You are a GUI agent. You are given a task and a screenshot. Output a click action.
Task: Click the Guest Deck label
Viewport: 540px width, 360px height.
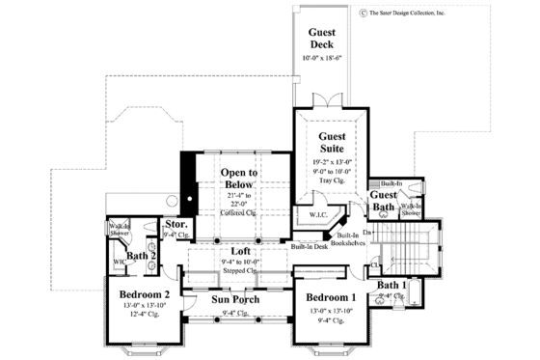click(x=321, y=39)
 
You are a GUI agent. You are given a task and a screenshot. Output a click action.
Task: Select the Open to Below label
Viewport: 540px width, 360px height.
click(x=238, y=180)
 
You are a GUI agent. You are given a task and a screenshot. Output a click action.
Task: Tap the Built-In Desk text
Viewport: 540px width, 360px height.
click(x=308, y=247)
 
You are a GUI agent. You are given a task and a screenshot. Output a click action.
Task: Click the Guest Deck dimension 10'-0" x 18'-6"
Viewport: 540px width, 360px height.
click(x=321, y=59)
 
